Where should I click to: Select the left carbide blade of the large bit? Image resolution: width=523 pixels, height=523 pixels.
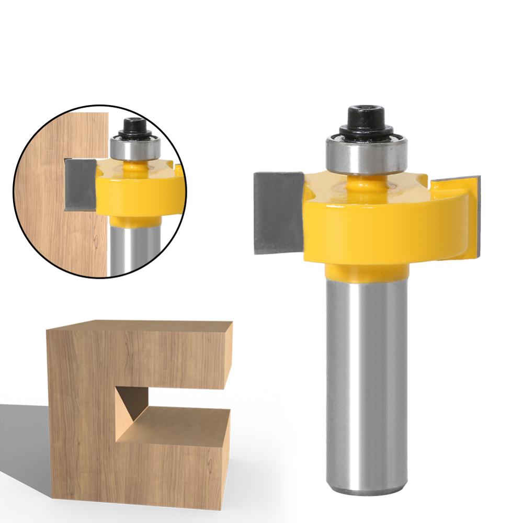[x=277, y=212]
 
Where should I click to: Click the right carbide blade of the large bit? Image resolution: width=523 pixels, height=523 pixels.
[x=468, y=214]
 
